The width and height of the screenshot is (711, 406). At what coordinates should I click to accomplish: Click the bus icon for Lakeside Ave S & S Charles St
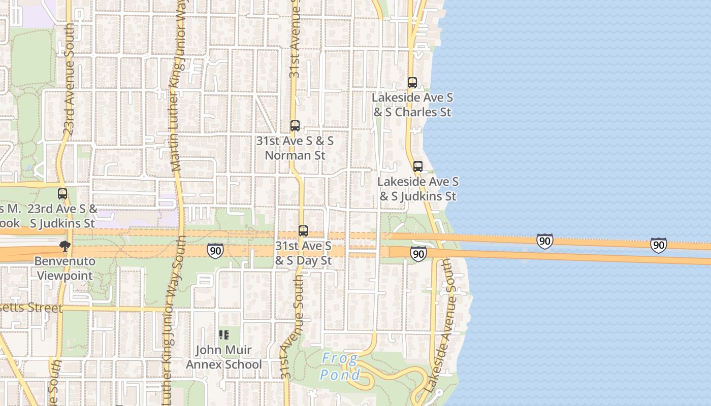(412, 83)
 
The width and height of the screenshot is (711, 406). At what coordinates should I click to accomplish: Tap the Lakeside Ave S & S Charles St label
(412, 105)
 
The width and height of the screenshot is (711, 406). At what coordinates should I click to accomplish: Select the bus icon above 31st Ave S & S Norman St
(295, 126)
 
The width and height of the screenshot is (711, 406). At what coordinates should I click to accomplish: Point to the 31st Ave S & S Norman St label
(295, 148)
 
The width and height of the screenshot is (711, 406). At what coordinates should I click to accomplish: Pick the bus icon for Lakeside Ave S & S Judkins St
(417, 166)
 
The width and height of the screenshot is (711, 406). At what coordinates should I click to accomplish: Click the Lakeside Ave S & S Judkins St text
(417, 189)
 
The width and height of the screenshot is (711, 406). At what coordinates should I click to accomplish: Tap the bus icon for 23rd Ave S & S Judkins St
(62, 194)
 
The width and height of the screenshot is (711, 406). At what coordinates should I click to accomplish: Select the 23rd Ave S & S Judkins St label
(62, 216)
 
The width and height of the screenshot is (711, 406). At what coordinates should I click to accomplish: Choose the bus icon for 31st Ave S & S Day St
(303, 231)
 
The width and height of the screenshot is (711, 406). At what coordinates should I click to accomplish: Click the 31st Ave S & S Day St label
(303, 253)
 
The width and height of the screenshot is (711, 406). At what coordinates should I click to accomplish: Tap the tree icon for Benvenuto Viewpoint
(64, 247)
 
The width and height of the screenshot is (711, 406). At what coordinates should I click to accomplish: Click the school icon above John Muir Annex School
(223, 335)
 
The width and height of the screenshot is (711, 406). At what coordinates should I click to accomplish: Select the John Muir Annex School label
(223, 357)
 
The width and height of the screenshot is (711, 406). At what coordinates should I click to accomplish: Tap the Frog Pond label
(340, 367)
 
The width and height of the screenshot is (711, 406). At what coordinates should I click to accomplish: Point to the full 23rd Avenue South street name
(69, 79)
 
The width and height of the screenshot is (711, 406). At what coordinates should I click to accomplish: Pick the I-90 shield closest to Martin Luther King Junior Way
(215, 250)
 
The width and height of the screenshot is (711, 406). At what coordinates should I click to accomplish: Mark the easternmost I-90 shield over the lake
(658, 246)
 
